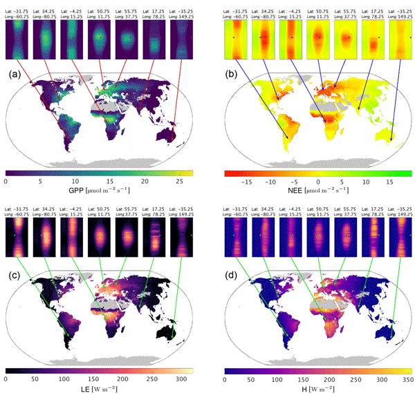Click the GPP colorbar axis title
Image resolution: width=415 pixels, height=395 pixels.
[99, 192]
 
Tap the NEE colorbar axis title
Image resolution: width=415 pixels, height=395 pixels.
[317, 192]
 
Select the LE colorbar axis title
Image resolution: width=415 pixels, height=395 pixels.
[99, 390]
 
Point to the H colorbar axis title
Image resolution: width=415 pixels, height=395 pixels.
[318, 390]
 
